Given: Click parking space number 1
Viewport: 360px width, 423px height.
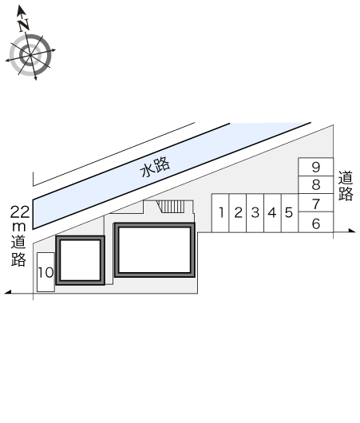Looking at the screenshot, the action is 220,213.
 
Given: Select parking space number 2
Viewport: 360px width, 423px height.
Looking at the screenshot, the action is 238,213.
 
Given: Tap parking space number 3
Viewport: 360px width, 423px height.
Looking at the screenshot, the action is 255,213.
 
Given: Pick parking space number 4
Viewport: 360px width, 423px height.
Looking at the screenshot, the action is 272,213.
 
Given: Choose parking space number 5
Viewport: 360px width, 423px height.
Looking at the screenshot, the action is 290,213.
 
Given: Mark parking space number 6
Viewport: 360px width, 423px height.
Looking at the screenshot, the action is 316,222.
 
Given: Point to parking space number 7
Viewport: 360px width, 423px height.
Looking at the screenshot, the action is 316,203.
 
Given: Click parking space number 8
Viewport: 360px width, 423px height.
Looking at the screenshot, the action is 316,185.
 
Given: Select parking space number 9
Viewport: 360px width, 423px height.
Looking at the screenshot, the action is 316,168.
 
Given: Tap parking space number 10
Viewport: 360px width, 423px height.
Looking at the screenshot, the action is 45,272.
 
